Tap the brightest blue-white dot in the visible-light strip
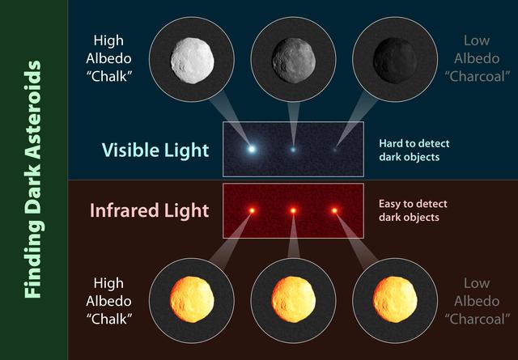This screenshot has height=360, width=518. click(x=252, y=149)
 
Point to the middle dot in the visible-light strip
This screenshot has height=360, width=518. click(x=293, y=149)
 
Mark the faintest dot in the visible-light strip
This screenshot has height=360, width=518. click(x=334, y=149)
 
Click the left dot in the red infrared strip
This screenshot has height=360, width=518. click(x=252, y=211)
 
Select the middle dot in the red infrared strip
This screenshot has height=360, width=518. click(x=293, y=211)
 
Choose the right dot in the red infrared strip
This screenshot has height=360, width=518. click(x=334, y=211)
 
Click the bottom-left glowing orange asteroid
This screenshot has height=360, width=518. click(x=193, y=299)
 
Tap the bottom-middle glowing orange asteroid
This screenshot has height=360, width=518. click(x=294, y=299)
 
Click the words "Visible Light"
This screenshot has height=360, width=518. click(x=155, y=150)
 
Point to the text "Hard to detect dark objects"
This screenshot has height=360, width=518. click(x=414, y=150)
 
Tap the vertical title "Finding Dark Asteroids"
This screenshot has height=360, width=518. click(x=33, y=180)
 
